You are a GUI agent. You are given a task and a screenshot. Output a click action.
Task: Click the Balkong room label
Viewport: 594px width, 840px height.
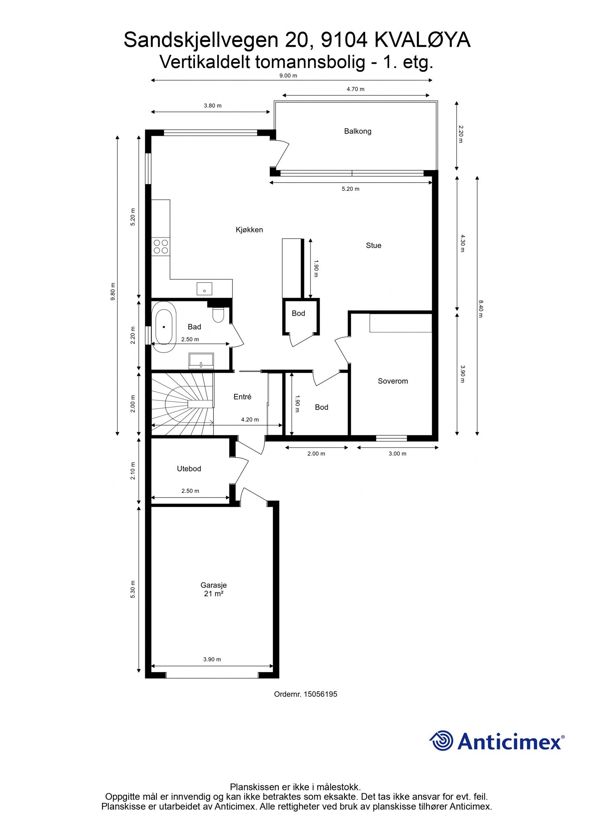coord(357,131)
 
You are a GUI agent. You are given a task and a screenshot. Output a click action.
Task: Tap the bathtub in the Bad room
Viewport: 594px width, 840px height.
coord(164,327)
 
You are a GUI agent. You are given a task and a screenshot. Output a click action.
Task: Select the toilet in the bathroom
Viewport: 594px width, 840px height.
coord(218,315)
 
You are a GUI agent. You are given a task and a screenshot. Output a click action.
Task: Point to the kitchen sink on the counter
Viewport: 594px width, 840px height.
coord(204,288)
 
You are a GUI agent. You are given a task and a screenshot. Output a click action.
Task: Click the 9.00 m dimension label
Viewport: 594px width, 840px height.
coord(288,76)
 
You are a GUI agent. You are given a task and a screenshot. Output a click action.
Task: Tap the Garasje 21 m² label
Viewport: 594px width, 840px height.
coord(213,589)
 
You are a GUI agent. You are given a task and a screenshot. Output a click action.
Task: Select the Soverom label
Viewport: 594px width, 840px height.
coord(392,381)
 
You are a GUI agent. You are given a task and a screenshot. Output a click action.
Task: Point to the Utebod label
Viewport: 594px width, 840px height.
coord(189,469)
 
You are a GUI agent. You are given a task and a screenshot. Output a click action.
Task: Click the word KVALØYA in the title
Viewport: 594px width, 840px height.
coord(422,40)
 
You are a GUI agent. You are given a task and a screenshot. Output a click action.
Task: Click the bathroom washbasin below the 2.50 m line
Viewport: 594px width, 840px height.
coord(201,360)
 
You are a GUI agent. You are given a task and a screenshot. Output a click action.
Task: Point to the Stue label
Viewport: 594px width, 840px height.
coord(373,245)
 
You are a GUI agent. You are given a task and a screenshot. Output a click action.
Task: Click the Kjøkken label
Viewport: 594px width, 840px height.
coord(249,230)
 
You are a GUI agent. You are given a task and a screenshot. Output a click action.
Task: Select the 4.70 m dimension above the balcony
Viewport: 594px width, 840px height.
coord(355,89)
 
